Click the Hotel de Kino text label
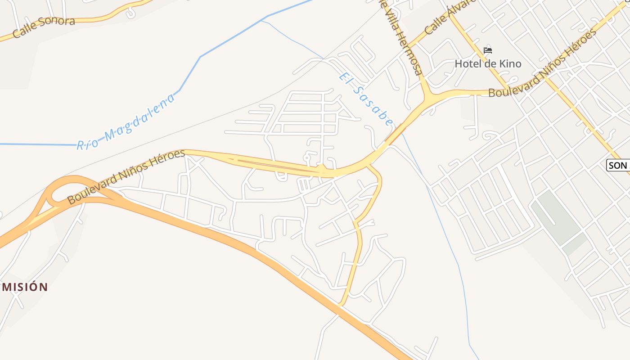pyautogui.click(x=488, y=64)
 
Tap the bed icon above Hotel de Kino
pyautogui.click(x=488, y=50)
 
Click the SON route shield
pyautogui.click(x=618, y=166)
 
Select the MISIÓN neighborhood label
pyautogui.click(x=25, y=287)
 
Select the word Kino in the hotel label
pyautogui.click(x=509, y=64)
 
